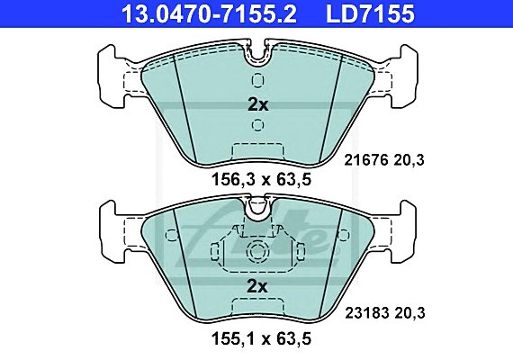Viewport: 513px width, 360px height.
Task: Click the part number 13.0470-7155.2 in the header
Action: coord(209,13)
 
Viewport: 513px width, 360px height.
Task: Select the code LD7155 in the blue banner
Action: coord(371,13)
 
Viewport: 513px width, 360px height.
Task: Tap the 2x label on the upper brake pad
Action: coord(257,105)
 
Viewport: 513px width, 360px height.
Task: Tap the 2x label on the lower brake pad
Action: coord(257,287)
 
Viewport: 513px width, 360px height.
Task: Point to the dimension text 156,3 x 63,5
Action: coord(261,180)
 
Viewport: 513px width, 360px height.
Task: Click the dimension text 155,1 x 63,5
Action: coord(261,339)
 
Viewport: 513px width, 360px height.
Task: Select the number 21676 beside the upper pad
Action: coord(366,160)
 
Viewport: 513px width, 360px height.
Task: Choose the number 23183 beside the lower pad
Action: coord(367,313)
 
